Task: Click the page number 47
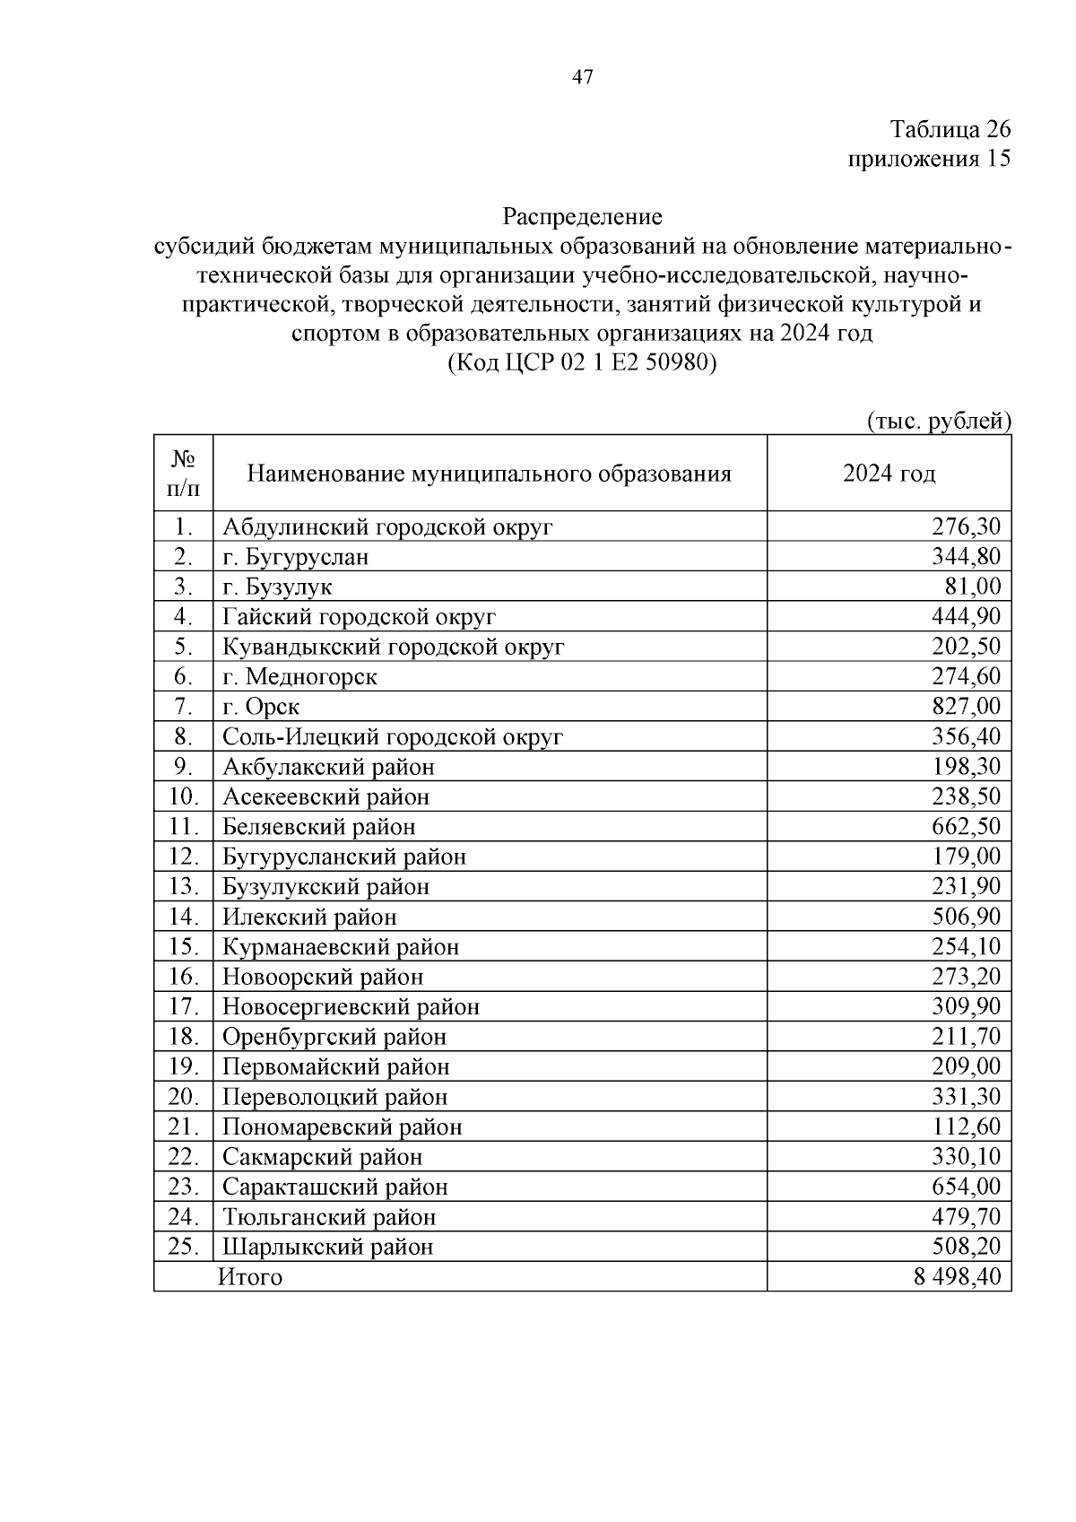(x=582, y=77)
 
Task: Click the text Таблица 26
(x=950, y=129)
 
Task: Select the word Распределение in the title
(x=582, y=216)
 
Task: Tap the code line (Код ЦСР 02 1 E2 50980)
(x=582, y=362)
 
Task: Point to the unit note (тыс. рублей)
(x=938, y=420)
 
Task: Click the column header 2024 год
(x=889, y=474)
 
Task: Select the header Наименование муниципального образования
(x=489, y=474)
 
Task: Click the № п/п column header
(x=183, y=474)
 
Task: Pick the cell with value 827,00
(x=966, y=706)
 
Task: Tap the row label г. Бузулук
(x=277, y=587)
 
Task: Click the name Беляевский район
(x=318, y=826)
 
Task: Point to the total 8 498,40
(x=957, y=1277)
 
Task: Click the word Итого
(x=250, y=1277)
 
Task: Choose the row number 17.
(x=183, y=1006)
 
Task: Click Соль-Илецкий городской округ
(x=393, y=736)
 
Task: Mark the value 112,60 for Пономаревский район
(x=966, y=1126)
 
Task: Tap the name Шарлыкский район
(x=327, y=1247)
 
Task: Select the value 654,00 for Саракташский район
(x=966, y=1187)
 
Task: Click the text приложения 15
(x=929, y=159)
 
